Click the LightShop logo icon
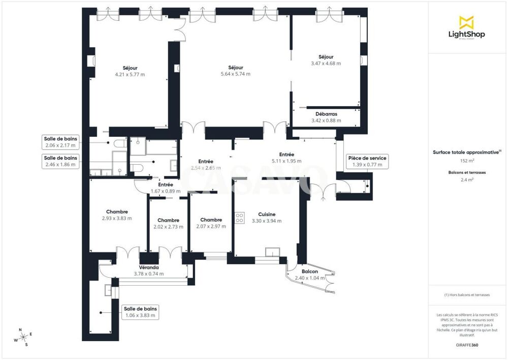point(466,22)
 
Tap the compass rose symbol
point(23,336)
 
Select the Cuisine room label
point(267,214)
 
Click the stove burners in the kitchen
point(240,218)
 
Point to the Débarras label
point(326,114)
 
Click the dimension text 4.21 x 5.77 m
point(130,74)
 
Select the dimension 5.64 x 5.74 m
point(236,74)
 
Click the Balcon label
point(310,272)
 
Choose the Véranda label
point(149,267)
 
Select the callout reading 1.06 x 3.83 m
point(140,312)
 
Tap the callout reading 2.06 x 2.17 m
point(60,142)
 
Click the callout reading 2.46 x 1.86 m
point(60,161)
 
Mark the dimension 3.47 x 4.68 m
point(326,64)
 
